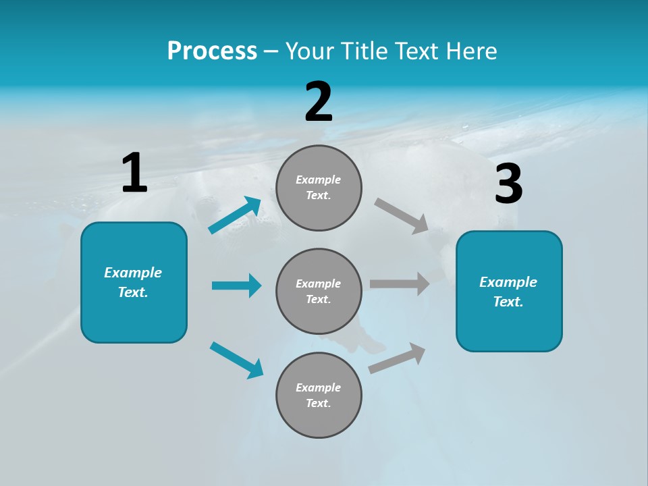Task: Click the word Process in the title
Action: [x=212, y=51]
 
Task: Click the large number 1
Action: [x=134, y=173]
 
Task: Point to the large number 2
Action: [x=319, y=102]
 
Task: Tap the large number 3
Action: [x=508, y=184]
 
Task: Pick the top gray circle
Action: [x=319, y=188]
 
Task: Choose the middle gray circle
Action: [x=319, y=291]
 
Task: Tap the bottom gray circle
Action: [x=319, y=395]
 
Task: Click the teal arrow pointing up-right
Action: [x=235, y=215]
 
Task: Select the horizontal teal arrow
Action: [x=236, y=286]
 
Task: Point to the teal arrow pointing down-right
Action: [x=236, y=360]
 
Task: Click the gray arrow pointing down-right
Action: [x=402, y=215]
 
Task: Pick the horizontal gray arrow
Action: [x=400, y=284]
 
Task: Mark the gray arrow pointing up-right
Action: [x=397, y=358]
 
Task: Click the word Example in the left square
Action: [x=133, y=273]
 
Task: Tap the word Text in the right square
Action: [x=508, y=302]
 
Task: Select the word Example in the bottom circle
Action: [x=319, y=387]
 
